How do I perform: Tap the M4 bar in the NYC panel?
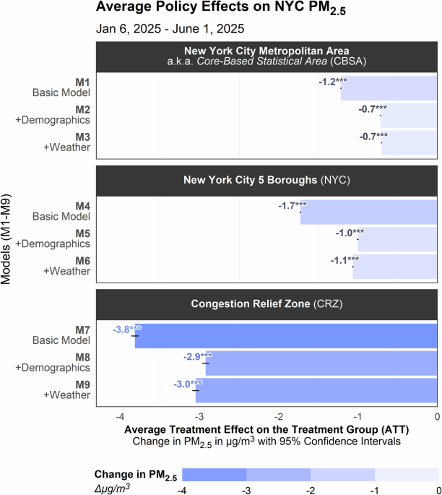pos(368,212)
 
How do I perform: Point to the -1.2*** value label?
pos(332,82)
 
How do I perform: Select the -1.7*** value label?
pos(292,206)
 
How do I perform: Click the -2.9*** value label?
pos(196,356)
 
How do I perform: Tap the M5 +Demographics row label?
pos(63,238)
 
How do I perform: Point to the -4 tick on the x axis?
pos(120,418)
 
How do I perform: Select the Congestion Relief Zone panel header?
pos(266,304)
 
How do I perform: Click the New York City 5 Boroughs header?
pos(266,180)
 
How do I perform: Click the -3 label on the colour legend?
pos(246,490)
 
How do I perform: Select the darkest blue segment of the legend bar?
pos(214,474)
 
